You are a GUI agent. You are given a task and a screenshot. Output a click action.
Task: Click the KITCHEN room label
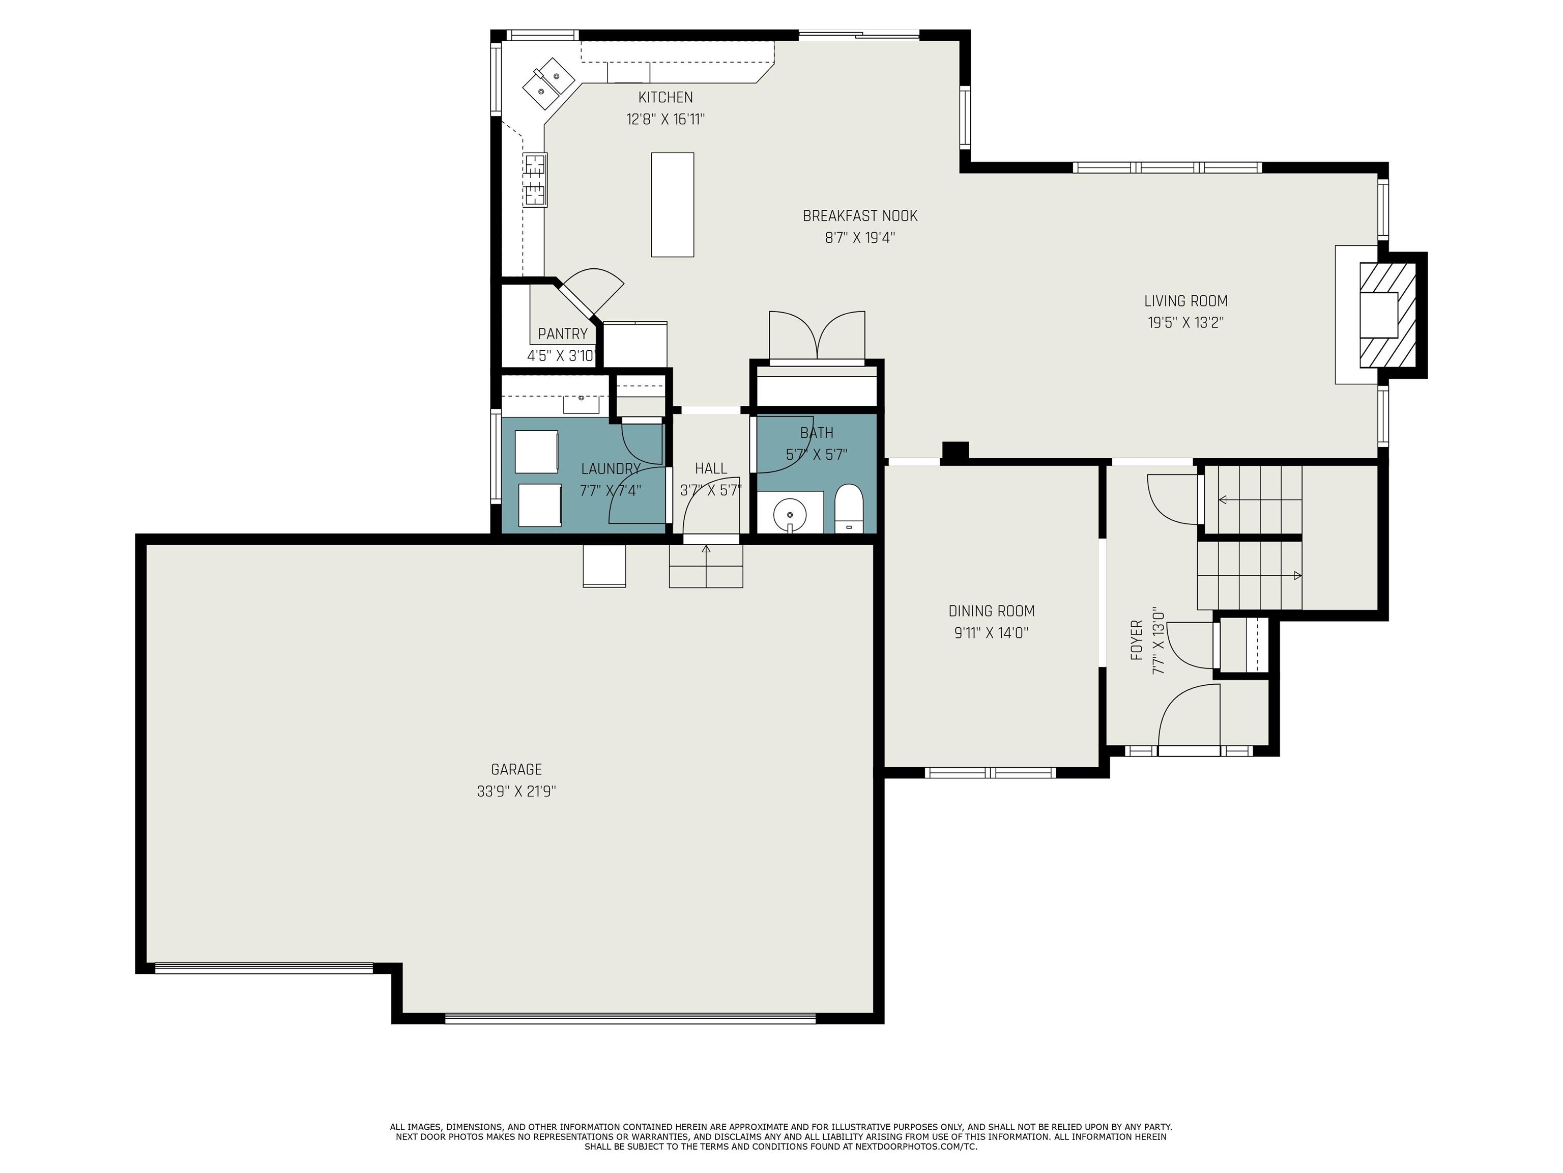665,98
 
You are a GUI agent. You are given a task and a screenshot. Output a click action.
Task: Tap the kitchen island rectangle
672,204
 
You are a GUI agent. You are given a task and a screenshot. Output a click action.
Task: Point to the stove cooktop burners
535,180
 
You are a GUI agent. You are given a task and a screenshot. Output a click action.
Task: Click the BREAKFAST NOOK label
859,216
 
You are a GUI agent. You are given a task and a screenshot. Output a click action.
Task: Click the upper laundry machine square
536,451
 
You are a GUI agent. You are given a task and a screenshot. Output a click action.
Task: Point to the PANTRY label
562,334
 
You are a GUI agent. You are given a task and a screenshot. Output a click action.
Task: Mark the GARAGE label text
516,769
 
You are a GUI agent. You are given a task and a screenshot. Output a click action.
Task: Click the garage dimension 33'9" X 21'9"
516,791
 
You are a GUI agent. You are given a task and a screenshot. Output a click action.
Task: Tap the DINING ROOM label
991,611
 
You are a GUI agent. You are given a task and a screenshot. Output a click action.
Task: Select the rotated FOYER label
1136,640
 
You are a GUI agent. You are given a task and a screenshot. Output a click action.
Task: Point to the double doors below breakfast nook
816,336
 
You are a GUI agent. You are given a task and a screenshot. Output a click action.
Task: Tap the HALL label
710,468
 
